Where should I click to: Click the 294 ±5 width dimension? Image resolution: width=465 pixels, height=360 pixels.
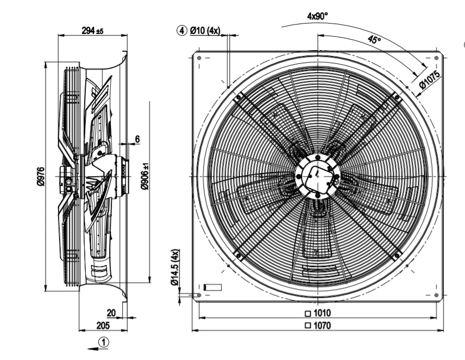coord(92,30)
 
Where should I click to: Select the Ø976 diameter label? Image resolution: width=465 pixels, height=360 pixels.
coord(41,177)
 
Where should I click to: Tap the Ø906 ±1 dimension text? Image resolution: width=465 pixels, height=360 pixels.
coord(145,176)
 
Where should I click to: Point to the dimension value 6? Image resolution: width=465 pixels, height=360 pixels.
coord(137,139)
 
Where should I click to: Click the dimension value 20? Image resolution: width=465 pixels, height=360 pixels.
coord(111,312)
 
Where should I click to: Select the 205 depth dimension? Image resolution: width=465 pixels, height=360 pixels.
coord(103,326)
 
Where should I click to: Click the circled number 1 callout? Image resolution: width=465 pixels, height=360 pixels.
coord(103,342)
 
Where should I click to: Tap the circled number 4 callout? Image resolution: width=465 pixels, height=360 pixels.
coord(182,30)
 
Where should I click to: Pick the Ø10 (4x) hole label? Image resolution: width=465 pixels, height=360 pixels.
coord(205,30)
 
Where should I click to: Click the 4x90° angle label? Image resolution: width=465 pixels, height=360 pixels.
coord(318,16)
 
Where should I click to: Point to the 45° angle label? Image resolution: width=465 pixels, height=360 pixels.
coord(374,39)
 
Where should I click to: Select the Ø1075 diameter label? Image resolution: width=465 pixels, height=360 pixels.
coord(429,80)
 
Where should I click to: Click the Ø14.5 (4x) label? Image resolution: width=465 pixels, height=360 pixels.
coord(175,267)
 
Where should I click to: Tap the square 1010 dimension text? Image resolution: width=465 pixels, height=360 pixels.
coord(318,313)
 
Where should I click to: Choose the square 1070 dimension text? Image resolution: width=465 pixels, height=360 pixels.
coord(318,326)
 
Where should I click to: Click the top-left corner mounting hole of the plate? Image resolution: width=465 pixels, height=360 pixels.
coord(199,58)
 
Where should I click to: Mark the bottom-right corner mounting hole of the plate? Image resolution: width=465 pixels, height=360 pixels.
coord(436,295)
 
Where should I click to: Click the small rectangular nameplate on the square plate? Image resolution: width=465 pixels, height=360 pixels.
coord(213,287)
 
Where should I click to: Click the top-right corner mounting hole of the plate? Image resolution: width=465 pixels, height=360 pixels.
coord(436,58)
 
